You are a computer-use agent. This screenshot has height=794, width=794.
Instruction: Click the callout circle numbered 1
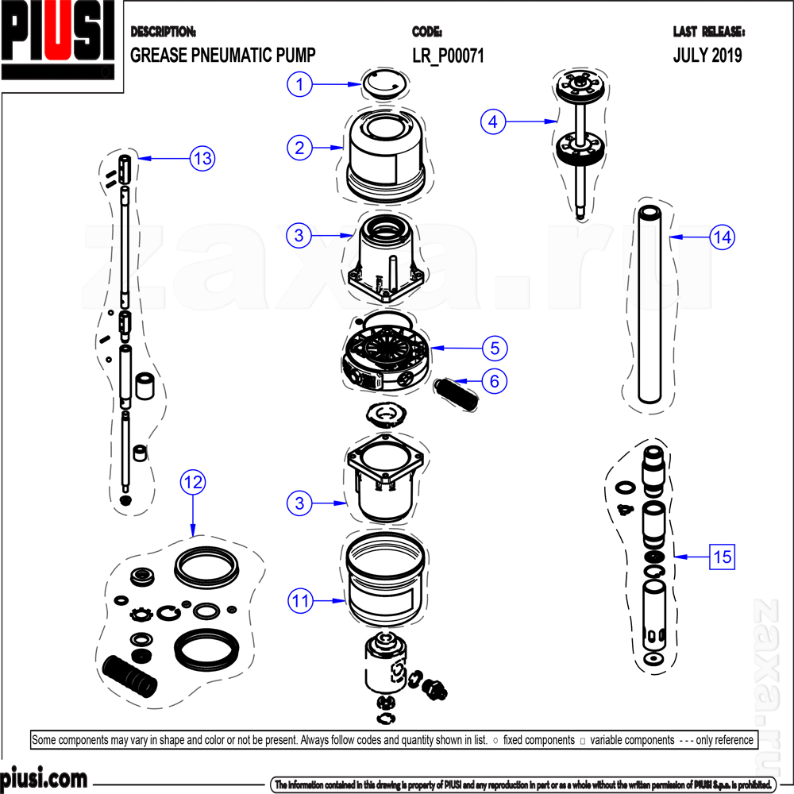click(299, 83)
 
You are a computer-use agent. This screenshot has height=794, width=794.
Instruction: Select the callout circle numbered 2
click(299, 147)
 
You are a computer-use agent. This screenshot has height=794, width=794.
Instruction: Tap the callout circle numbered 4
click(494, 121)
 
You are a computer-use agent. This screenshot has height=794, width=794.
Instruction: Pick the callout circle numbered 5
click(495, 348)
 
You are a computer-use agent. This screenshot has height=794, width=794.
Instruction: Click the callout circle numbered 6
click(495, 381)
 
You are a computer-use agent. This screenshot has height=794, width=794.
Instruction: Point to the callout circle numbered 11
click(300, 601)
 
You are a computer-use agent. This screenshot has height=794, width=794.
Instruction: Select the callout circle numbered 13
click(202, 158)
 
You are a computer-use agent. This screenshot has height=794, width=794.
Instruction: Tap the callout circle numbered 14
click(722, 237)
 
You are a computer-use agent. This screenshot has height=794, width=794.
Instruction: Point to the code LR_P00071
click(448, 56)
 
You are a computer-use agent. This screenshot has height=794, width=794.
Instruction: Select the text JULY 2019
click(707, 56)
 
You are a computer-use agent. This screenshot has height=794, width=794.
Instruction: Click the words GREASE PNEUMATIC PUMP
click(222, 56)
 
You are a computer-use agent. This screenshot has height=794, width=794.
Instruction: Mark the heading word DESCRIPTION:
click(163, 33)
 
